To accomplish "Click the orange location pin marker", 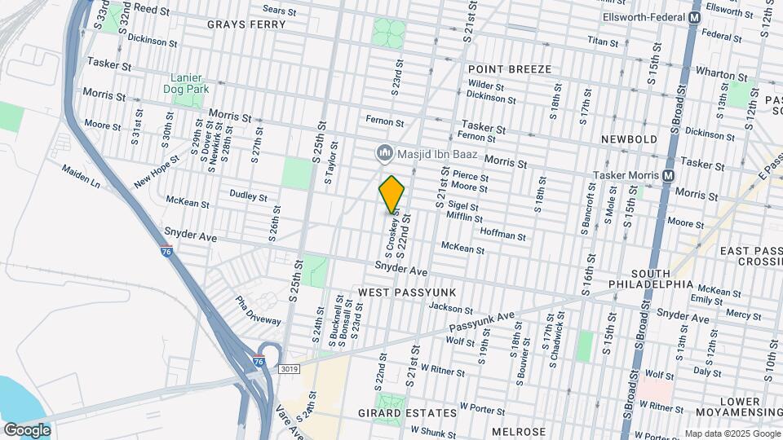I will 392,195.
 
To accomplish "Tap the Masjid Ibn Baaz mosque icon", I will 383,152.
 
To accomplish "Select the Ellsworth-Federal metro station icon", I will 695,17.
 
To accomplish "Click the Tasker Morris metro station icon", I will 669,175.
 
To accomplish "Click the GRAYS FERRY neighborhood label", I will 246,24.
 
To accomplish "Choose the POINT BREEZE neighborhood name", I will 510,69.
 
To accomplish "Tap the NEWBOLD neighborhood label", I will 629,139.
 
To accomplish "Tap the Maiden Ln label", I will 83,175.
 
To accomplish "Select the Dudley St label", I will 248,196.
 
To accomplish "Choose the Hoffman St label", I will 503,235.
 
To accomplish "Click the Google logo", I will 27,430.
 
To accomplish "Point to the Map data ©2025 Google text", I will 731,433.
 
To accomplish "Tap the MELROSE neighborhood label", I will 520,431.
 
